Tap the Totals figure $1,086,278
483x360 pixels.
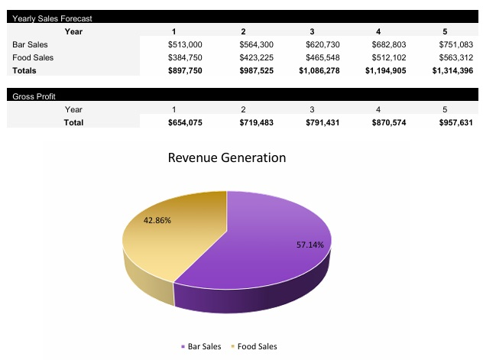click(319, 70)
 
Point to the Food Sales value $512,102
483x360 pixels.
click(389, 57)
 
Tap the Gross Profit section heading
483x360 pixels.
click(34, 96)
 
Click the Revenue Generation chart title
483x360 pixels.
click(226, 158)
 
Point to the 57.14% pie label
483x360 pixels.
click(310, 245)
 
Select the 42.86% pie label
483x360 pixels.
click(157, 220)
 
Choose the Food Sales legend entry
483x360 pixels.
click(254, 346)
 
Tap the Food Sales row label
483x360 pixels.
click(32, 57)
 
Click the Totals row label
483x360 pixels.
click(25, 70)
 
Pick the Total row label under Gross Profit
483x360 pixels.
click(73, 122)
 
